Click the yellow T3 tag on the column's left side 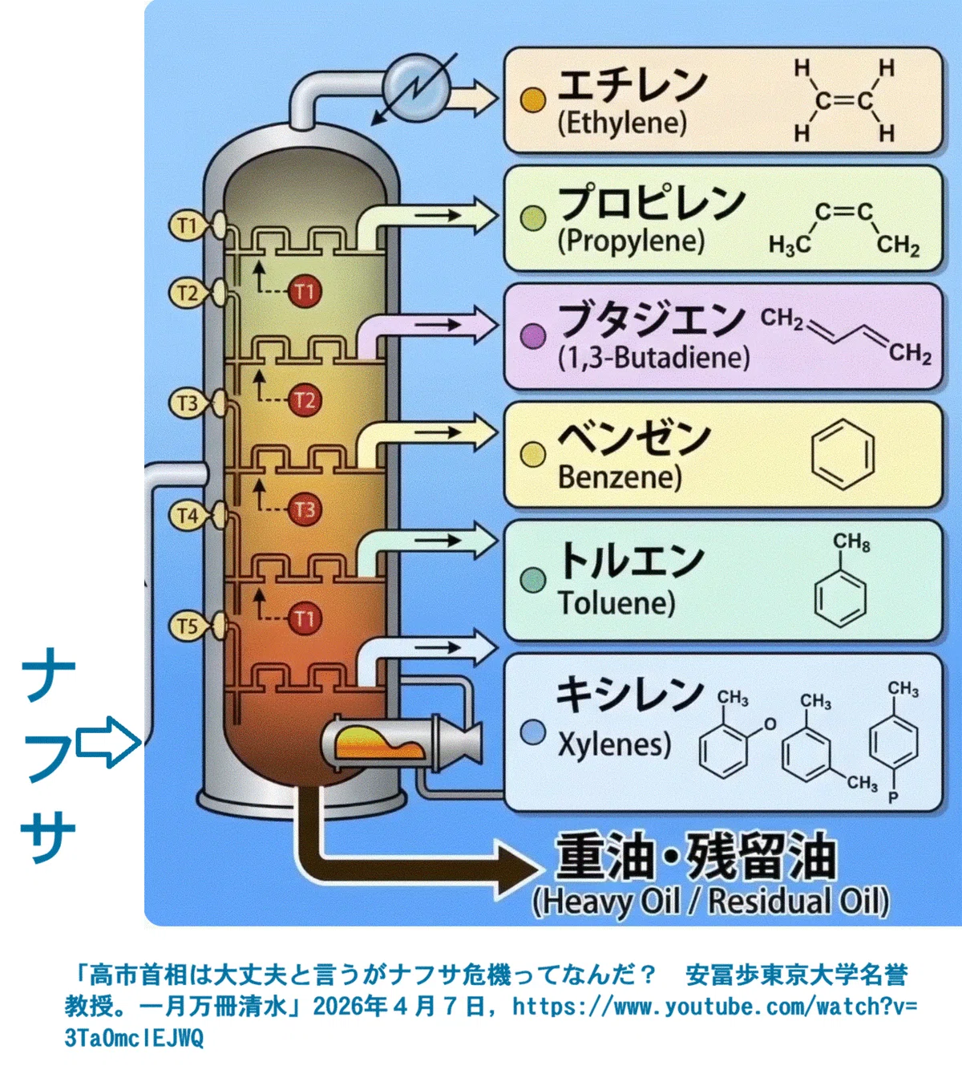[x=187, y=403]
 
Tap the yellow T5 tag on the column [x=187, y=626]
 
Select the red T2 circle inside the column [x=305, y=400]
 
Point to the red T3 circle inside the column [x=305, y=510]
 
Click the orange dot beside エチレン [x=533, y=100]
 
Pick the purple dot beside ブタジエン [x=533, y=337]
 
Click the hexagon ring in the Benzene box [x=843, y=454]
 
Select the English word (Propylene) [x=631, y=241]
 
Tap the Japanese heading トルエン [x=631, y=561]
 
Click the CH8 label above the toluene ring [x=851, y=542]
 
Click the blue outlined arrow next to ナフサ [x=108, y=742]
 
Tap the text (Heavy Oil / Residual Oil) [x=711, y=902]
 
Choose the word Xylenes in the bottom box [x=615, y=744]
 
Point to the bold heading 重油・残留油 [x=695, y=857]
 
